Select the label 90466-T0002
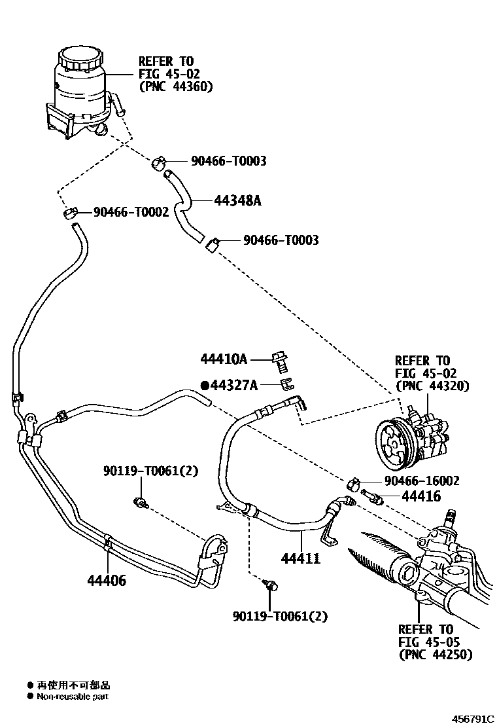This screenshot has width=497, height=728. point(131,212)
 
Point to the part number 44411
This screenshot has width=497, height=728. point(300,558)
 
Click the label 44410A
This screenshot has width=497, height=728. point(224,359)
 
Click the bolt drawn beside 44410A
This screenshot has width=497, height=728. point(282,359)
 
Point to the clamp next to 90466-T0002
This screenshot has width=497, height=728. point(71,213)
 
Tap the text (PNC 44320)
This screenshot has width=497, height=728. point(432,386)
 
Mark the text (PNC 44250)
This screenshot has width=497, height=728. point(435,654)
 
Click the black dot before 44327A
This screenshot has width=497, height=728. point(204,386)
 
